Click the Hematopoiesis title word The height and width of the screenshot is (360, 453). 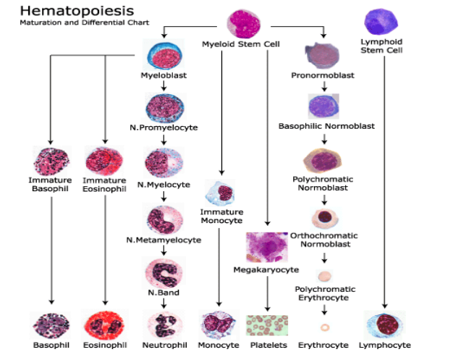tap(67, 12)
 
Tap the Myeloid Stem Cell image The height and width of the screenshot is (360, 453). tap(243, 24)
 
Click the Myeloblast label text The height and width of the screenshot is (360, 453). tap(164, 75)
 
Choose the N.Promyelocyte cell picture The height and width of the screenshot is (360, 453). tap(164, 107)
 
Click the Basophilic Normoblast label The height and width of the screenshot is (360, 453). tap(326, 126)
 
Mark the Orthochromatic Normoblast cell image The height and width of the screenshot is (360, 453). tap(323, 218)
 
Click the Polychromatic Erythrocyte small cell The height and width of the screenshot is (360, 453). tap(324, 276)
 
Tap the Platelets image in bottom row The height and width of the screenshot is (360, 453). tap(268, 325)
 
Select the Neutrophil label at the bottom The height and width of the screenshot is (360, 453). tap(164, 346)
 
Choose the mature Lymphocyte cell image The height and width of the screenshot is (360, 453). tap(384, 325)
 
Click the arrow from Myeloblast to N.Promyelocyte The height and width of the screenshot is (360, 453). tap(164, 85)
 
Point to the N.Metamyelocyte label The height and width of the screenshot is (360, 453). tap(164, 240)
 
